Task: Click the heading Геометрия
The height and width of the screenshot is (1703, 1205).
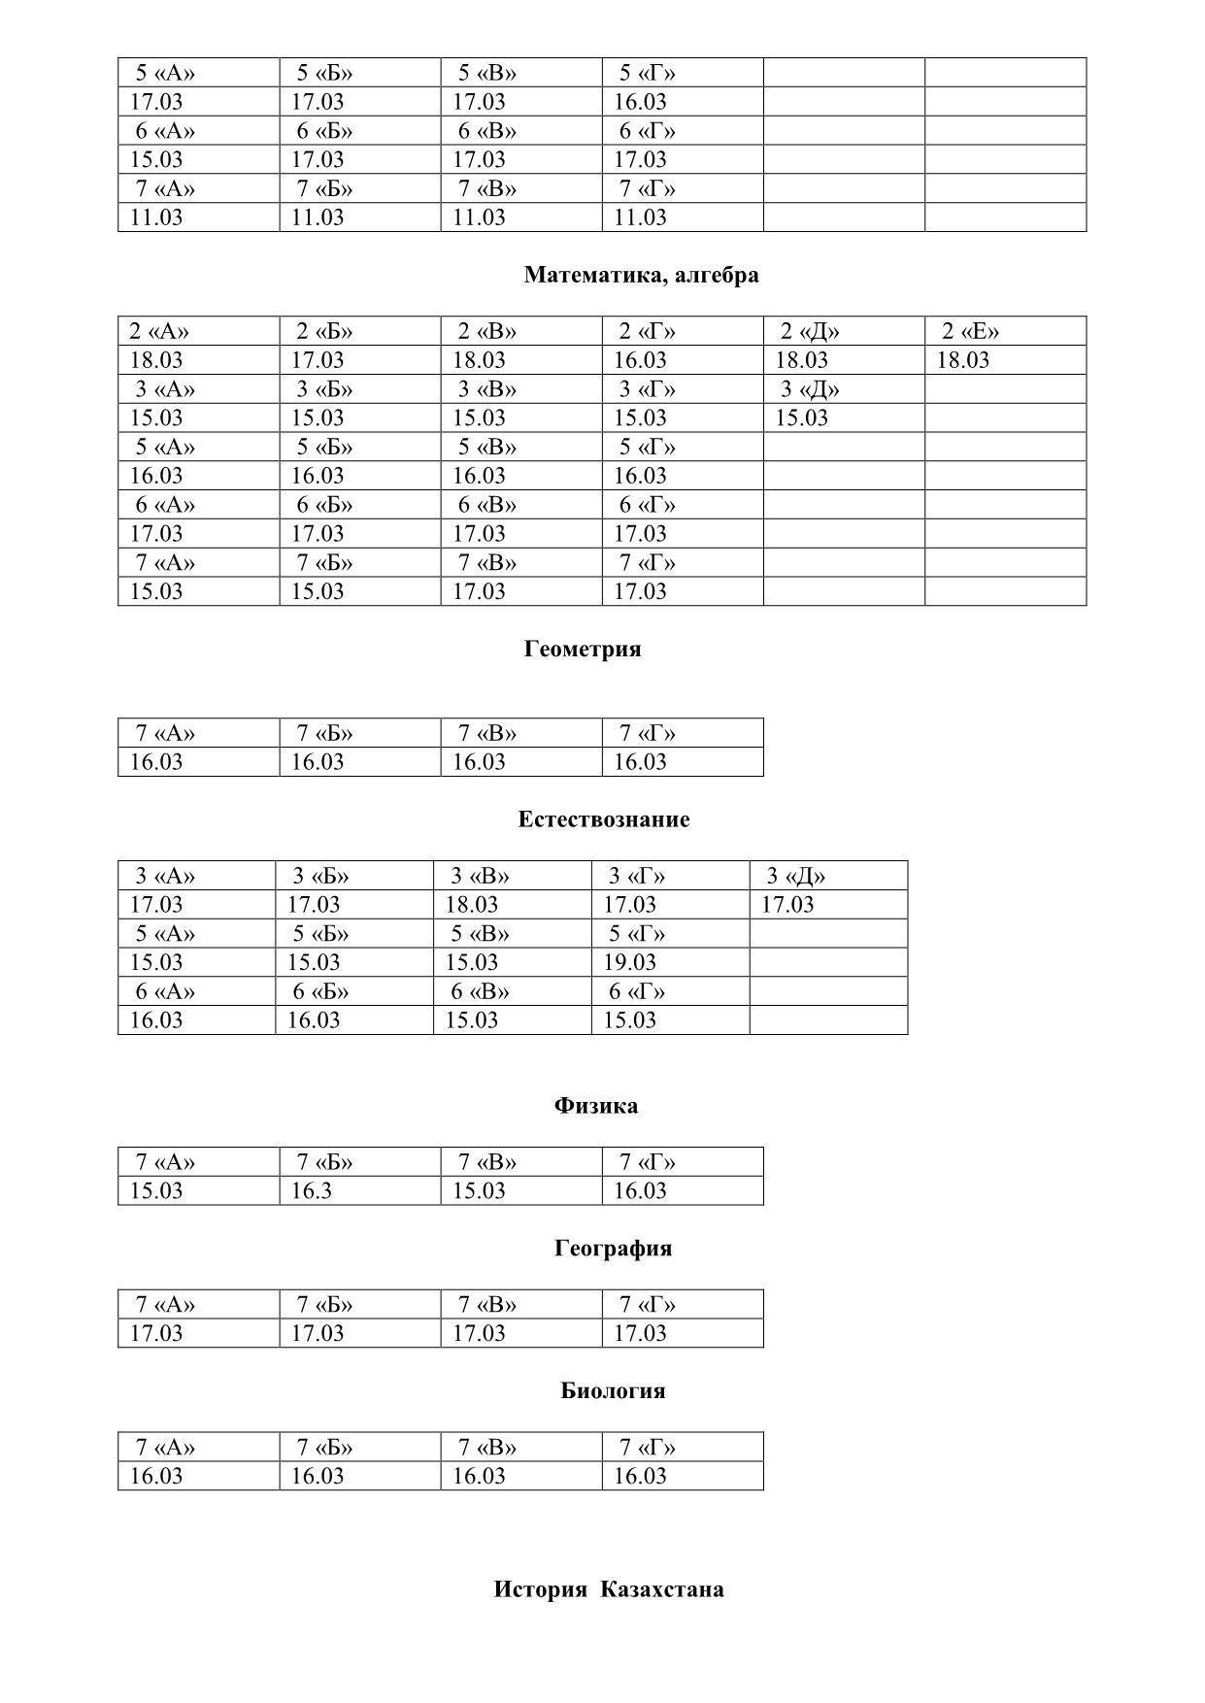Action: [583, 649]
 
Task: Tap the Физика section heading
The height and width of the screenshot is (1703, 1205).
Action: [595, 1106]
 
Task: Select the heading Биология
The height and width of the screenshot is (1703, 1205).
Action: [613, 1390]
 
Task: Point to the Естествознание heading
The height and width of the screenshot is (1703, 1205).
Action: [603, 819]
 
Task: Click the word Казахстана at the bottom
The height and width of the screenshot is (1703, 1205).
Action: [661, 1589]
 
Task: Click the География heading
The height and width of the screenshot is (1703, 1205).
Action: [613, 1248]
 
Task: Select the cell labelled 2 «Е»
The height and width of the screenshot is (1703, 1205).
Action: [970, 331]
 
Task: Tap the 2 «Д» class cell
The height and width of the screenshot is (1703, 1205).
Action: [810, 331]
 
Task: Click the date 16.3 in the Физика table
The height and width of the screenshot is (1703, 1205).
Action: [312, 1191]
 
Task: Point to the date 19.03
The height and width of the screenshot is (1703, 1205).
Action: [629, 962]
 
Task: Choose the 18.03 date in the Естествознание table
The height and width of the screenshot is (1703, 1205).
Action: [471, 905]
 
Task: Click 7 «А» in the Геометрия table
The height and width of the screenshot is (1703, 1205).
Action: [165, 733]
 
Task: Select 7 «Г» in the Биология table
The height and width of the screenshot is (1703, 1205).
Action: [648, 1448]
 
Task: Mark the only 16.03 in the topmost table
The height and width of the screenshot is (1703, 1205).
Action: [640, 102]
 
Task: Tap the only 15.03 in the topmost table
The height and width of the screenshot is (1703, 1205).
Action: [156, 159]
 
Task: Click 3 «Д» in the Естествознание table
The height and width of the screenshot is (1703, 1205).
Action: [795, 876]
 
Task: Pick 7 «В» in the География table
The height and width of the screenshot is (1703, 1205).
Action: [487, 1305]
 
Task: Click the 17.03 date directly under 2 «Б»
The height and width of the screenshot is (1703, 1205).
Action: [318, 360]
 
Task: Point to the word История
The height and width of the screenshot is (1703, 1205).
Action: [540, 1589]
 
